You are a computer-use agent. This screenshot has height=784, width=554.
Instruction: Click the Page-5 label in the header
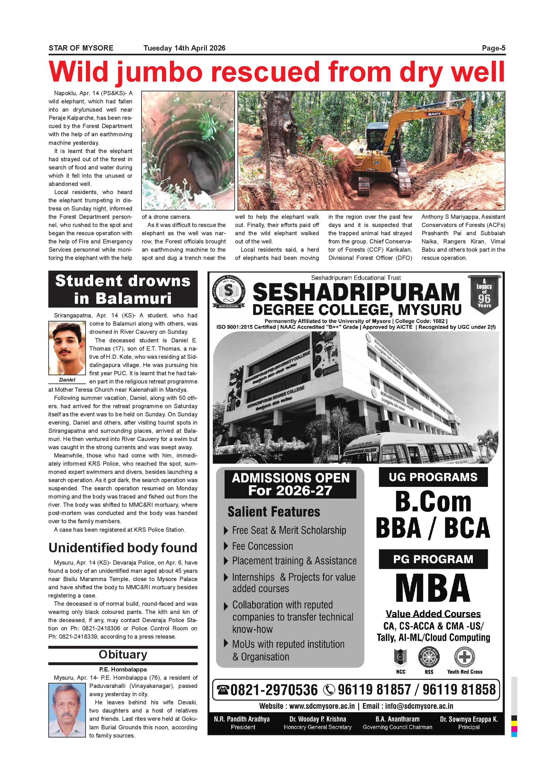[x=493, y=48]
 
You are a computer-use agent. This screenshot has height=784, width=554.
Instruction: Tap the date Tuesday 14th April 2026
[x=184, y=48]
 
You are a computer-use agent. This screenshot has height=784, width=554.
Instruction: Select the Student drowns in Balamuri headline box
[x=123, y=289]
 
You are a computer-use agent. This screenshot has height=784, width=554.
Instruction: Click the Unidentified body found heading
[x=123, y=548]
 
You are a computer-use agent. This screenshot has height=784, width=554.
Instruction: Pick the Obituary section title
[x=123, y=655]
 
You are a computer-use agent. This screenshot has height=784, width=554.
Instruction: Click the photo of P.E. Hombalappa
[x=67, y=706]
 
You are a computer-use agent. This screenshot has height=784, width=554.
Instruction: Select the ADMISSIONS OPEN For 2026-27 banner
[x=291, y=484]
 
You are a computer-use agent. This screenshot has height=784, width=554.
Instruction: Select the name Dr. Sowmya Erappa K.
[x=469, y=719]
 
